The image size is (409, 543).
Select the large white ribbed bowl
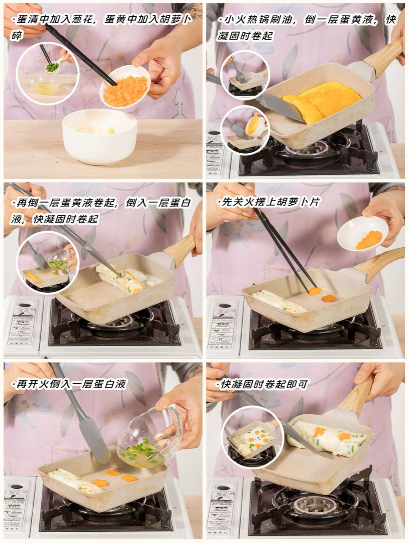[x=100, y=137]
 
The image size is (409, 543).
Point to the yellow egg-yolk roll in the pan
[x=322, y=101]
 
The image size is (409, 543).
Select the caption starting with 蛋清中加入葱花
[x=101, y=27]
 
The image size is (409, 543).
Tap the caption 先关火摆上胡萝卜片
[x=269, y=202]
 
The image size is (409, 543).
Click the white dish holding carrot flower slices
[x=362, y=234]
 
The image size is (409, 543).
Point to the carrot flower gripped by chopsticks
[x=315, y=291]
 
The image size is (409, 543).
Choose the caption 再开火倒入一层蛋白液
[x=69, y=384]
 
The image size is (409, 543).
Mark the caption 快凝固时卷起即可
[x=262, y=384]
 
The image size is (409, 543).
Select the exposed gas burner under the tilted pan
[x=313, y=505]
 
